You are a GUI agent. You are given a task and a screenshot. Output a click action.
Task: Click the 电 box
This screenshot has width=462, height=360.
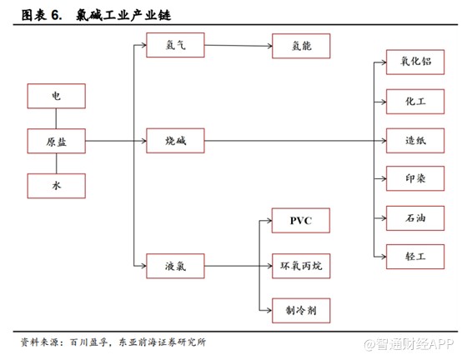pos(57,97)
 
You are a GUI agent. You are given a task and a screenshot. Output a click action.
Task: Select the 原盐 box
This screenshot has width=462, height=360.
pos(57,142)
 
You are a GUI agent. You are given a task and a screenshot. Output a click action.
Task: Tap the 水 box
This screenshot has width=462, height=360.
pos(57,186)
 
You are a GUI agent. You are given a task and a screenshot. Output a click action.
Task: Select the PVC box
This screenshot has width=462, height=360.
pos(301,222)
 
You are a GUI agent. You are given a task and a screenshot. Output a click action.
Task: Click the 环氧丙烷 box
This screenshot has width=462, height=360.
pos(301,267)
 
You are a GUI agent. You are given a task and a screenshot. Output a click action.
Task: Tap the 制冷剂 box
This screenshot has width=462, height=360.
pos(301,311)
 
